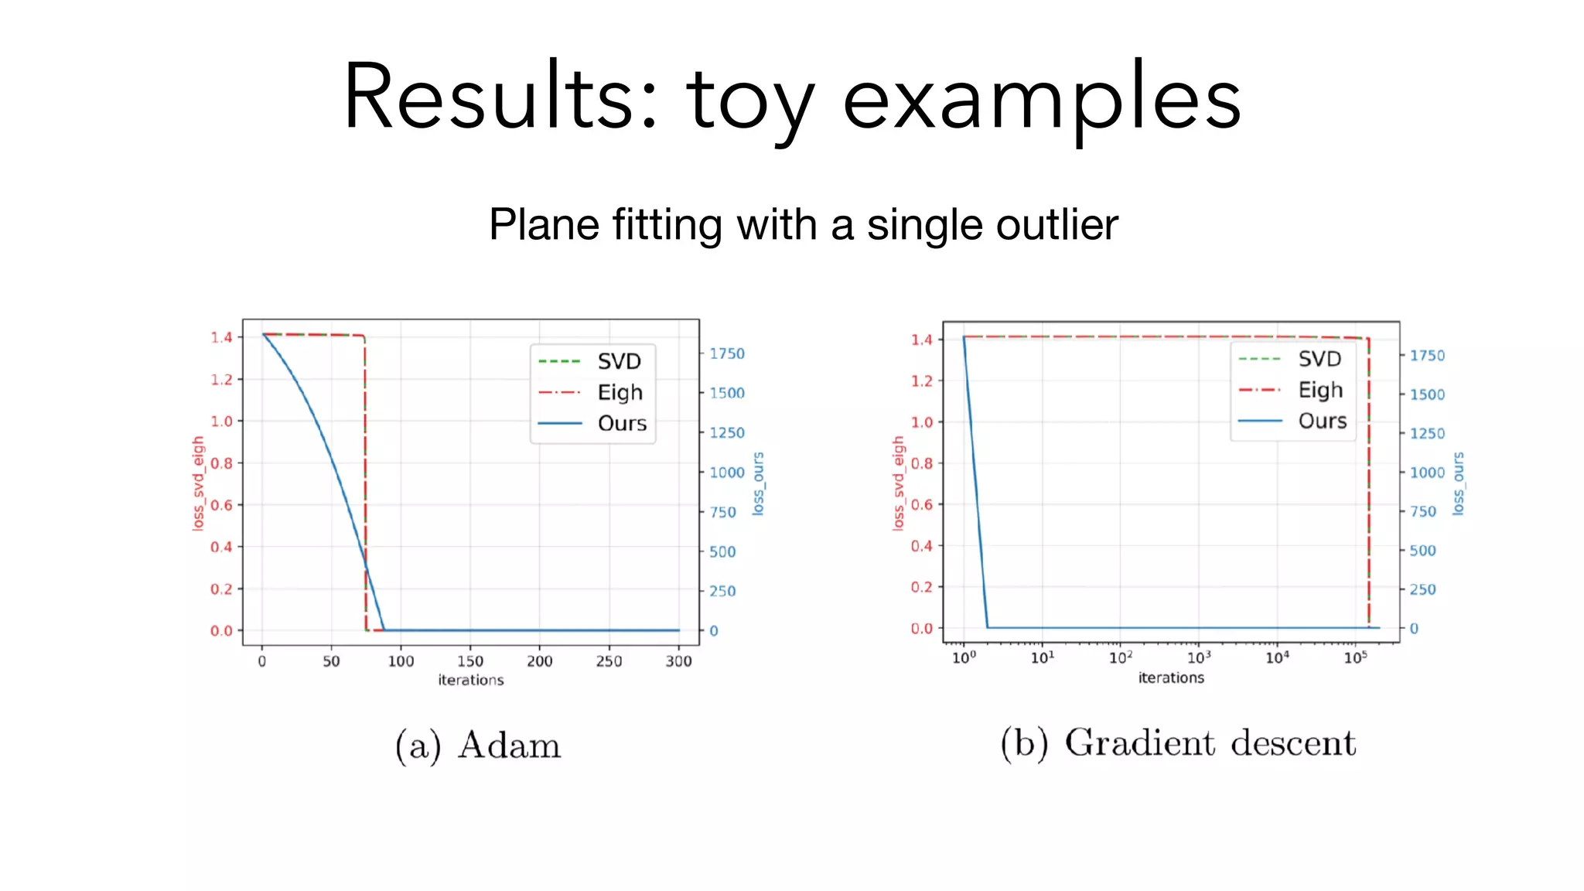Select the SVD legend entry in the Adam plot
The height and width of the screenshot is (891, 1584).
click(x=619, y=361)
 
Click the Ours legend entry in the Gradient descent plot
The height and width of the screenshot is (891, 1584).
click(x=1322, y=421)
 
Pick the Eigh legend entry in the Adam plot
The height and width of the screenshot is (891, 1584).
click(x=620, y=392)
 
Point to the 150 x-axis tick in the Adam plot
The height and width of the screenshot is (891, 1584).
click(x=470, y=661)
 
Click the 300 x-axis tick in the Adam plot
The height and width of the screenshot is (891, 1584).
click(x=678, y=661)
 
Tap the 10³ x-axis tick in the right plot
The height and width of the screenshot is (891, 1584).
click(x=1199, y=657)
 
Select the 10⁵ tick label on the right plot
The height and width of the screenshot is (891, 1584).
click(x=1355, y=657)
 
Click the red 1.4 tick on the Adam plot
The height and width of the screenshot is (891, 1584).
click(x=221, y=337)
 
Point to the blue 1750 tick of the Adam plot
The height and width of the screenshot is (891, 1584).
click(x=727, y=353)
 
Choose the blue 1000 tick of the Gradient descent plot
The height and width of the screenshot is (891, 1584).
click(x=1427, y=473)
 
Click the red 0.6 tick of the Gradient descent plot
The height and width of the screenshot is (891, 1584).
click(x=922, y=504)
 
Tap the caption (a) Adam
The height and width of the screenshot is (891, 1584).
click(x=478, y=746)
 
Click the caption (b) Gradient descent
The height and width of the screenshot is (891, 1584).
click(x=1178, y=743)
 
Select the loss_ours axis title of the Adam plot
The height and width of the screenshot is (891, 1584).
click(x=758, y=484)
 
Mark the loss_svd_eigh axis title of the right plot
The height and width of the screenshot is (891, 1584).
click(x=898, y=483)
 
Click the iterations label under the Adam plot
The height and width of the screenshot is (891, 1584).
click(x=470, y=680)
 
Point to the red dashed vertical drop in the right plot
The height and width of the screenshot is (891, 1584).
click(x=1368, y=480)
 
